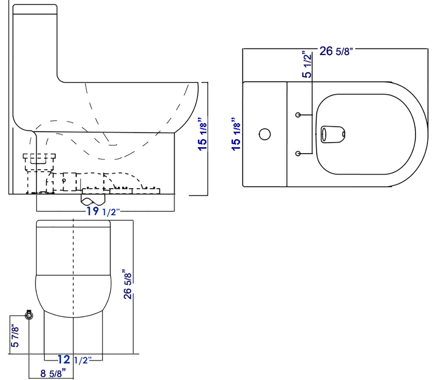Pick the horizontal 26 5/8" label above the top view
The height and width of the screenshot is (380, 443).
(x=336, y=51)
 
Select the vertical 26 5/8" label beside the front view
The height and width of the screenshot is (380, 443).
(x=127, y=285)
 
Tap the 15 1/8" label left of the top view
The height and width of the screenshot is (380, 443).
(x=236, y=134)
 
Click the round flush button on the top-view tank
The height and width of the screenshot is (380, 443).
(x=264, y=134)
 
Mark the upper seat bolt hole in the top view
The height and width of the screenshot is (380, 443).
(x=299, y=114)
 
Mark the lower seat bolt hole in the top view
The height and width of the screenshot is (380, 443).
(x=299, y=153)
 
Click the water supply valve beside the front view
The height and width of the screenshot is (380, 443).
(x=29, y=315)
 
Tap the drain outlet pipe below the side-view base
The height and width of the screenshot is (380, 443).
(x=93, y=199)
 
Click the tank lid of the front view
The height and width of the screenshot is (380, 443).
(x=73, y=223)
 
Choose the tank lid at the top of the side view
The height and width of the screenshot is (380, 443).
(x=35, y=9)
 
